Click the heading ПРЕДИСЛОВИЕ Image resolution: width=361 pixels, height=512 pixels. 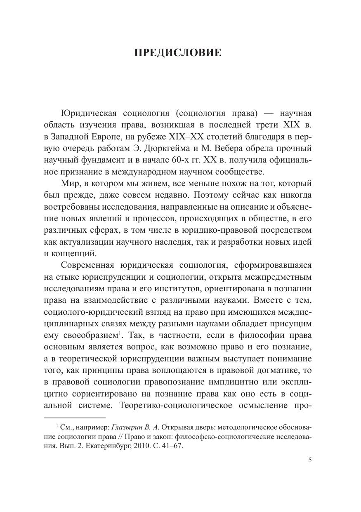click(x=178, y=53)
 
